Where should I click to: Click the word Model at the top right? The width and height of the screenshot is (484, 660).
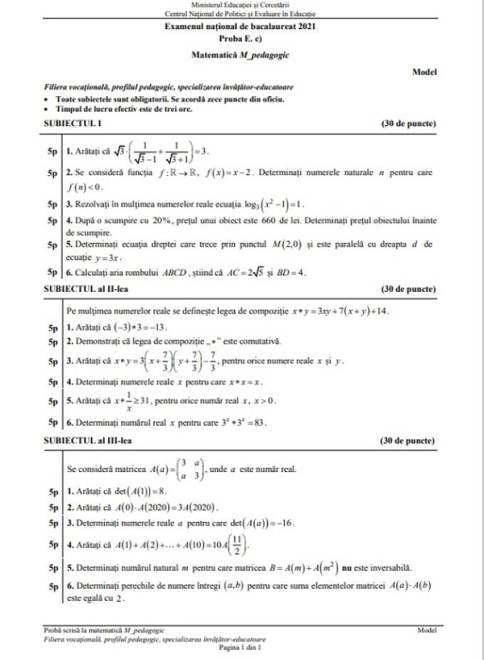pyautogui.click(x=424, y=71)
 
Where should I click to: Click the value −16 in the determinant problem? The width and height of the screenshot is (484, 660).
pyautogui.click(x=283, y=523)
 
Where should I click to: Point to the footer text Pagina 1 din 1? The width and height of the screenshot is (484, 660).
pyautogui.click(x=241, y=648)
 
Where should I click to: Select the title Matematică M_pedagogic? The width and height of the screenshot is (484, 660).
pyautogui.click(x=241, y=54)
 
